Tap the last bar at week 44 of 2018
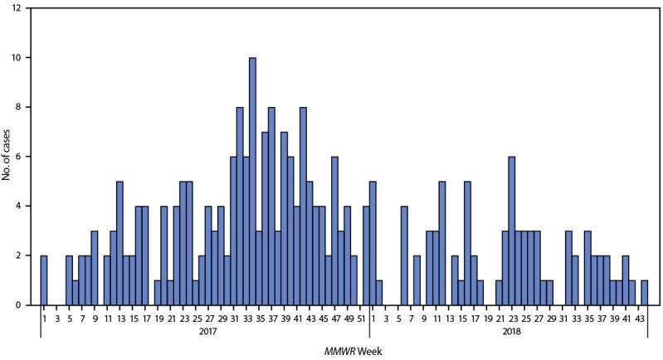tap(644, 293)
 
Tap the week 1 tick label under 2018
tap(373, 316)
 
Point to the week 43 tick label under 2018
tap(643, 316)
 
